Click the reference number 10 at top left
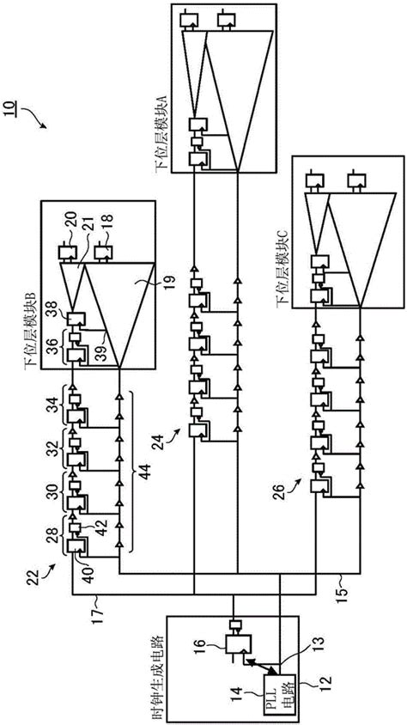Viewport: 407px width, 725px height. coord(20,113)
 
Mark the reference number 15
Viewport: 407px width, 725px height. coord(343,591)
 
